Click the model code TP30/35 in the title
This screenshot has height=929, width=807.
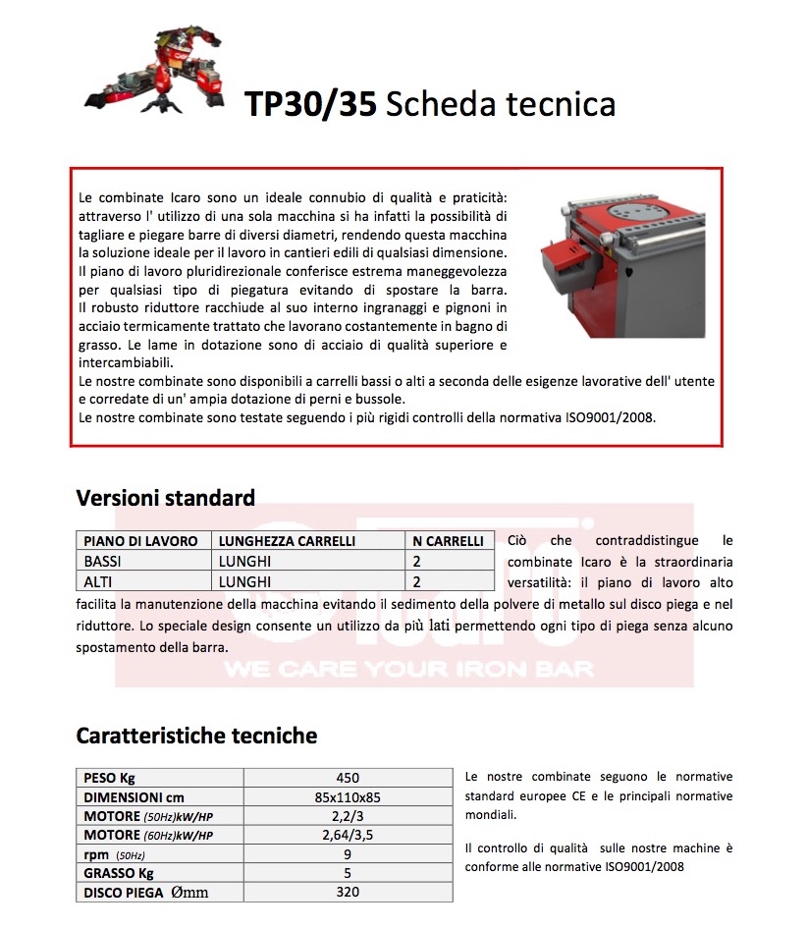tap(310, 104)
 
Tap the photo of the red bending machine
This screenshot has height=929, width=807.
tap(623, 265)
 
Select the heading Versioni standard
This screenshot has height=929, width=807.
tap(165, 498)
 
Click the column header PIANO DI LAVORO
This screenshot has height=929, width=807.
tap(140, 541)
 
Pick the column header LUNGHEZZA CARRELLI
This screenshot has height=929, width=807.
tap(287, 541)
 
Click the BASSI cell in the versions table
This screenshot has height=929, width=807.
tap(103, 562)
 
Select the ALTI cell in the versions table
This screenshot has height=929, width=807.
tap(99, 581)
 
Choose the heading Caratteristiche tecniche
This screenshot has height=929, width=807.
tap(196, 736)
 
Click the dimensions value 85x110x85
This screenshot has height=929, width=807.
tap(348, 797)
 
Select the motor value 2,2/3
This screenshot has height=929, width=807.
tap(348, 816)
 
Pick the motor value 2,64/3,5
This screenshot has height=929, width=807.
tap(348, 836)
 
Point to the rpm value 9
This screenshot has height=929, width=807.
tap(348, 854)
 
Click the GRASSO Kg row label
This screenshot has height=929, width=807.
tap(119, 873)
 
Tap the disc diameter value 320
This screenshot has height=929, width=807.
tap(348, 892)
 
